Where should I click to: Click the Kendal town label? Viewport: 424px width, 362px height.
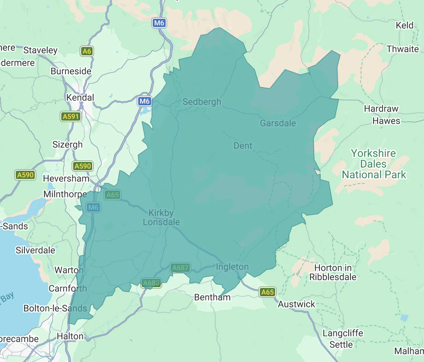[x=80, y=97]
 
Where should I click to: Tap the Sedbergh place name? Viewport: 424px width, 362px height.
[x=202, y=102]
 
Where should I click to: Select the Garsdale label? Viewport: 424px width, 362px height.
[x=278, y=123]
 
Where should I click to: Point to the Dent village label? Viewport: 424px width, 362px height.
[x=243, y=146]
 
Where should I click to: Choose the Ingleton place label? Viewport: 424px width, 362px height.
[x=232, y=267]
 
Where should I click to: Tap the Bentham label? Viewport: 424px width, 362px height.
[x=212, y=297]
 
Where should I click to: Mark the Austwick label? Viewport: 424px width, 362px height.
[x=297, y=304]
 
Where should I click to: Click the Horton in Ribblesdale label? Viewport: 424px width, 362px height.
[x=333, y=272]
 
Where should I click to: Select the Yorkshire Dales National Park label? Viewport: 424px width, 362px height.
[x=374, y=164]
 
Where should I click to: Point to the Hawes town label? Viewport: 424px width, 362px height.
[x=386, y=121]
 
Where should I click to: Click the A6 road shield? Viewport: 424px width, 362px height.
[x=87, y=51]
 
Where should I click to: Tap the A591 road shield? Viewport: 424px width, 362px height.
[x=71, y=116]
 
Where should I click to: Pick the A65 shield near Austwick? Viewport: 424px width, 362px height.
[x=267, y=292]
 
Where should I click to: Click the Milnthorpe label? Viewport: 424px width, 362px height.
[x=65, y=194]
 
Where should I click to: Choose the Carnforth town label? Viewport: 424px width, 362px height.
[x=67, y=288]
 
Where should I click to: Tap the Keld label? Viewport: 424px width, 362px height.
[x=404, y=26]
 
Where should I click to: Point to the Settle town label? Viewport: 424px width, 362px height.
[x=341, y=344]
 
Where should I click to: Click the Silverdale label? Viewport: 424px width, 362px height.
[x=35, y=250]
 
